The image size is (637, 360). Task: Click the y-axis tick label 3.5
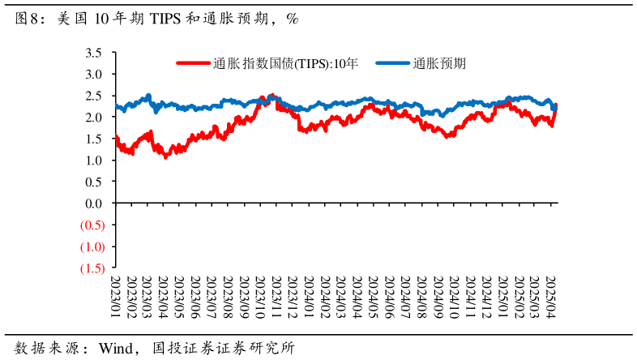(94, 53)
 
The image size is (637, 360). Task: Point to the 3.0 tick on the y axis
(94, 74)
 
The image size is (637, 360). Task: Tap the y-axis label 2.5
(94, 96)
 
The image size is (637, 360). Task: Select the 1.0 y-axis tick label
(94, 160)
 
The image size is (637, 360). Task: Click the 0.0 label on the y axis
(94, 203)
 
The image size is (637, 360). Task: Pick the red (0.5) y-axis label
(92, 225)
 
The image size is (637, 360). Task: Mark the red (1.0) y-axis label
(92, 246)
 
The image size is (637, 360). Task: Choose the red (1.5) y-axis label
(92, 268)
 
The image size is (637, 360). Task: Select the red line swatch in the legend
(194, 62)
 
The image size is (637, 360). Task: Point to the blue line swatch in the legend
(392, 62)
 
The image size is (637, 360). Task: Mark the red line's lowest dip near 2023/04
(166, 156)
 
